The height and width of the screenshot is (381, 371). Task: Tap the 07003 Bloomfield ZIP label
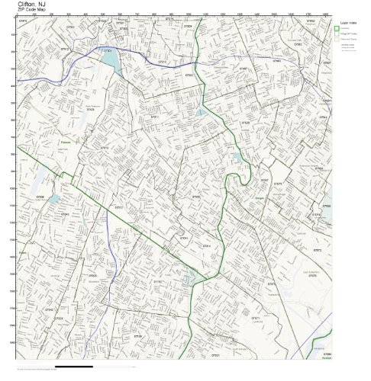point(92,275)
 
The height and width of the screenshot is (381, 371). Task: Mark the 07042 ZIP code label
point(49,310)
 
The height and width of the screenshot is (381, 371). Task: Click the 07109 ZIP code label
point(137,335)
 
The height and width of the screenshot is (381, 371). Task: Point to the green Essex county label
point(23,252)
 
